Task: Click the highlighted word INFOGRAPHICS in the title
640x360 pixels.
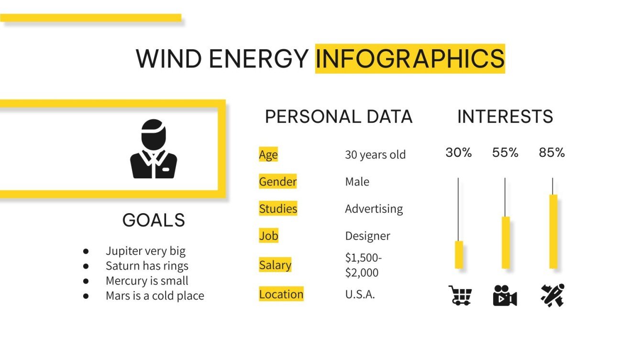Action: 410,59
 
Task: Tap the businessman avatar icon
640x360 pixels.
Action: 154,149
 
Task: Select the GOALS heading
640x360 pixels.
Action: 154,220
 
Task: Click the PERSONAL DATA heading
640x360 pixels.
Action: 338,117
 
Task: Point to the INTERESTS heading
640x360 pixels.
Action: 505,117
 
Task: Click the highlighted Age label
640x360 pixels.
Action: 268,154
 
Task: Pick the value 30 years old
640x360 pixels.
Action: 375,155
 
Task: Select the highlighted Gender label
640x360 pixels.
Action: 277,182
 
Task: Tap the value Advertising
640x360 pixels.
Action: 374,209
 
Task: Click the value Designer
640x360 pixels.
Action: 367,236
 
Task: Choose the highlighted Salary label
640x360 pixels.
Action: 275,265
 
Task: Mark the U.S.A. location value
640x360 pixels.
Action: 360,295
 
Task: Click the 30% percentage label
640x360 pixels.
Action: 458,153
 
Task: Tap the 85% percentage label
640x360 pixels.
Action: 552,153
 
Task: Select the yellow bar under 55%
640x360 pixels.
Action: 505,242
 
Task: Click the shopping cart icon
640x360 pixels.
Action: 460,295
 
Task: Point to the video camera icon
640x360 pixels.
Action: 505,295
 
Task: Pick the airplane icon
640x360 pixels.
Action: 552,295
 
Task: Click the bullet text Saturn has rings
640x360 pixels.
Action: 147,266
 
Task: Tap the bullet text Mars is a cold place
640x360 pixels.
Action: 154,296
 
